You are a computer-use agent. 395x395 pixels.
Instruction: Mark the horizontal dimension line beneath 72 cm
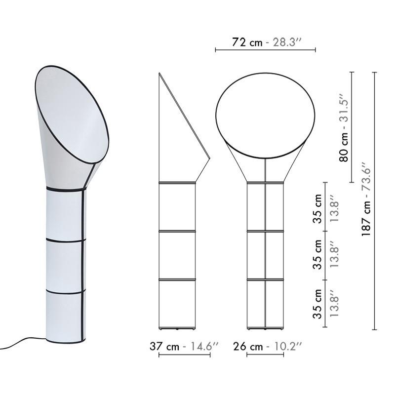click(x=265, y=50)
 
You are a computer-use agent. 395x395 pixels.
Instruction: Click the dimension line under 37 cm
click(x=184, y=355)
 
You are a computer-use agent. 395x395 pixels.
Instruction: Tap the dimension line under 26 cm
click(x=265, y=355)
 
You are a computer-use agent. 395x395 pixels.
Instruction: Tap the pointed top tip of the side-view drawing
click(x=159, y=74)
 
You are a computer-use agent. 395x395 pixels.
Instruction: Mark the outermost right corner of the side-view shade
click(x=210, y=159)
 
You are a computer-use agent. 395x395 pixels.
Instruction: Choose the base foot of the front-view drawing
click(x=265, y=328)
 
